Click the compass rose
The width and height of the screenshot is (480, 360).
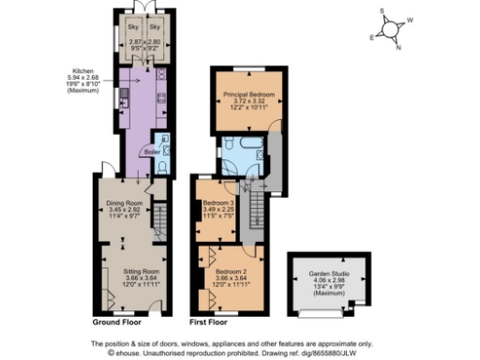(x=395, y=28)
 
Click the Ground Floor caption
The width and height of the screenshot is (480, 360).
(x=116, y=322)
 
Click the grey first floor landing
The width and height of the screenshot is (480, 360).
(x=274, y=155)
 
